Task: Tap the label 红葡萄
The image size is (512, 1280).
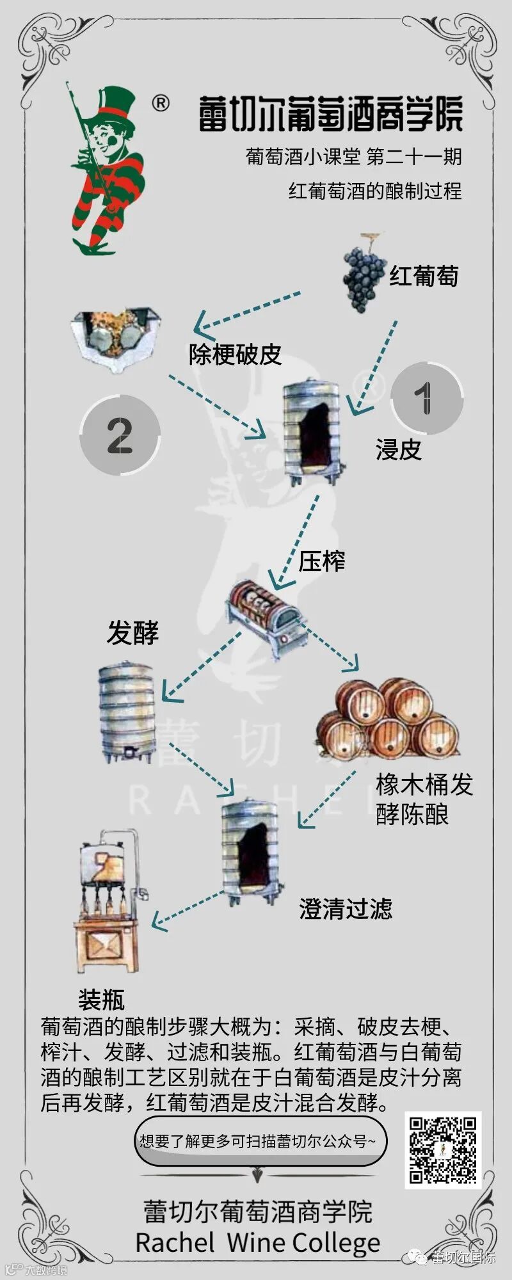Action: (x=424, y=276)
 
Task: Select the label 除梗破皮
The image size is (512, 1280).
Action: (x=235, y=354)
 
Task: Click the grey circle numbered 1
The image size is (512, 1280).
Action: (x=427, y=397)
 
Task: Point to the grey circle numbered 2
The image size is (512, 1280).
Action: (x=120, y=435)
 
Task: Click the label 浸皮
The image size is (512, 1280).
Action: (x=398, y=450)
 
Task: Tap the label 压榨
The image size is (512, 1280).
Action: (x=322, y=561)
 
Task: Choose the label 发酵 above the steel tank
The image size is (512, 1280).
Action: (x=132, y=633)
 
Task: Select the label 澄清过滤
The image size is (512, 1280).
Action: (x=346, y=909)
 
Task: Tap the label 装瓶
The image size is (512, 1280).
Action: (x=101, y=999)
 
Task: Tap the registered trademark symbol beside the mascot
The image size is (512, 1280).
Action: (x=161, y=103)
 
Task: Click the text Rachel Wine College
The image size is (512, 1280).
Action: (x=257, y=1242)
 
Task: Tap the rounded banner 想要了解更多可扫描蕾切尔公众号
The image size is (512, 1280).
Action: (x=260, y=1140)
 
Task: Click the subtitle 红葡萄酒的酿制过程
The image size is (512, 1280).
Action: (x=374, y=191)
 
